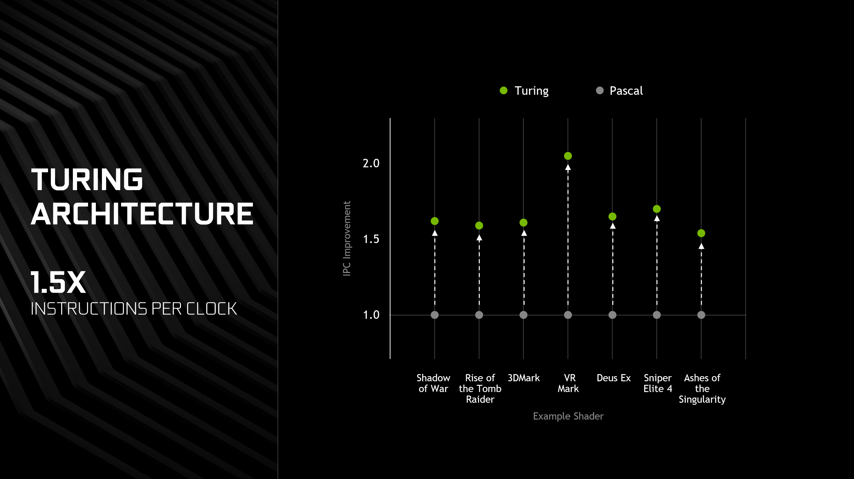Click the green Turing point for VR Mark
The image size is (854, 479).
pos(568,156)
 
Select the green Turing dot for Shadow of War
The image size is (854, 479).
pos(435,221)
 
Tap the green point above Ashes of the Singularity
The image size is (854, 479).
pos(701,233)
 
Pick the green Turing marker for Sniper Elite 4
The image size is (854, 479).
pos(657,209)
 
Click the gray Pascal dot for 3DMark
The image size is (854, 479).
pos(524,315)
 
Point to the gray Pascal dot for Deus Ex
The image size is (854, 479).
pos(612,315)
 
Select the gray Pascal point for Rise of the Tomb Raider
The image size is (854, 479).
pos(479,315)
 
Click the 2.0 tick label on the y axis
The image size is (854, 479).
pos(371,163)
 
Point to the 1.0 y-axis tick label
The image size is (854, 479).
pos(371,315)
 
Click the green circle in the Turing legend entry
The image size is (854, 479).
pos(504,90)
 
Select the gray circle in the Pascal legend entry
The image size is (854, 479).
pos(600,90)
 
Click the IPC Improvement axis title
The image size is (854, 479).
pos(347,238)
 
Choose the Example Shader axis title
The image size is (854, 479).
pos(568,416)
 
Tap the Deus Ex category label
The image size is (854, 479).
pos(614,378)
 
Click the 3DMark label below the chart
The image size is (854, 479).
pos(524,378)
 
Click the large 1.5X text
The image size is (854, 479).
pos(58,282)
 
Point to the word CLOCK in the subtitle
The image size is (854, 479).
pos(211,309)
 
